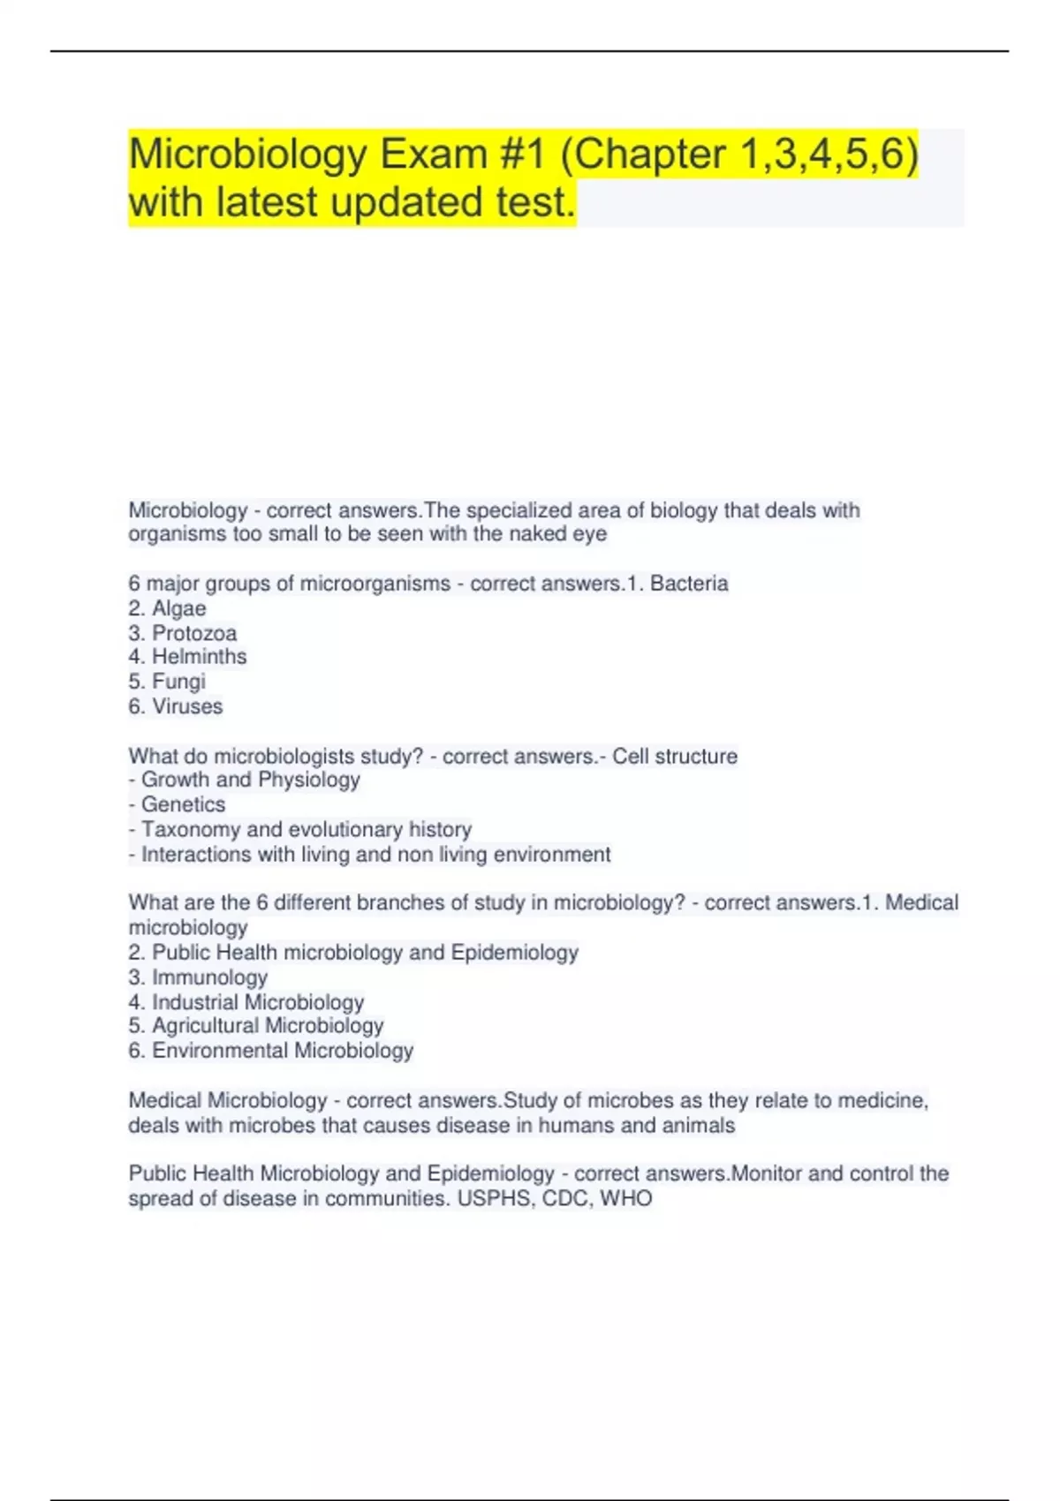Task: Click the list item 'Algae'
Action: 178,608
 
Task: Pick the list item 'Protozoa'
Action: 194,633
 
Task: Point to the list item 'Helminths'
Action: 199,657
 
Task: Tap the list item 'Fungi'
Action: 178,682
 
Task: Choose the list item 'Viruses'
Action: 187,706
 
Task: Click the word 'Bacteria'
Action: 689,584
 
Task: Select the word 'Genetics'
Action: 183,804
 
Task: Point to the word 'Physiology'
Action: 309,780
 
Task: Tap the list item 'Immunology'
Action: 209,977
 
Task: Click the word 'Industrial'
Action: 195,1002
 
